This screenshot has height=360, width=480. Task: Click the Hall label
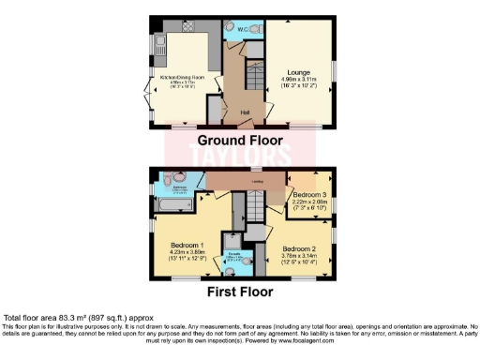[245, 112]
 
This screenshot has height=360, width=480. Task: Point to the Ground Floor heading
[240, 140]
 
